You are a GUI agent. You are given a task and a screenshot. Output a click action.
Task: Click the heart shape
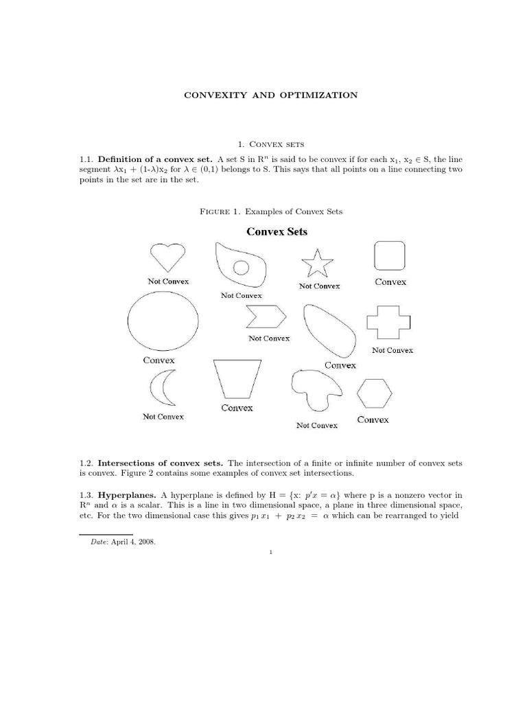click(167, 257)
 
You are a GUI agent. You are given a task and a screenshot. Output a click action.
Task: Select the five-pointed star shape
click(317, 264)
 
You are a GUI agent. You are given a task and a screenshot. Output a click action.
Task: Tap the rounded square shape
click(389, 256)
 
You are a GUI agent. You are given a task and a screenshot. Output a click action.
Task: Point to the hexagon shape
click(375, 393)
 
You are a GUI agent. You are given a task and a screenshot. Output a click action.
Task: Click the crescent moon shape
click(161, 389)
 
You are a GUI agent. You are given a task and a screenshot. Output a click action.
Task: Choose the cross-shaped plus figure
click(388, 323)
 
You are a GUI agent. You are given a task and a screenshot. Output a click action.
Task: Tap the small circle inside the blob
click(241, 267)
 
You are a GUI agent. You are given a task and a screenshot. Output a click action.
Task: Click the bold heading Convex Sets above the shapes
click(277, 232)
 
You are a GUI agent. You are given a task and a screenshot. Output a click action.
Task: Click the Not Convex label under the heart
click(168, 281)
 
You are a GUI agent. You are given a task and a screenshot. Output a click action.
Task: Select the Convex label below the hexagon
click(373, 419)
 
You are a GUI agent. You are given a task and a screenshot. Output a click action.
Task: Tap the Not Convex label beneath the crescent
click(163, 417)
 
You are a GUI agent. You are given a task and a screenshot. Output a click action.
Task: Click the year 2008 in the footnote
click(145, 542)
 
